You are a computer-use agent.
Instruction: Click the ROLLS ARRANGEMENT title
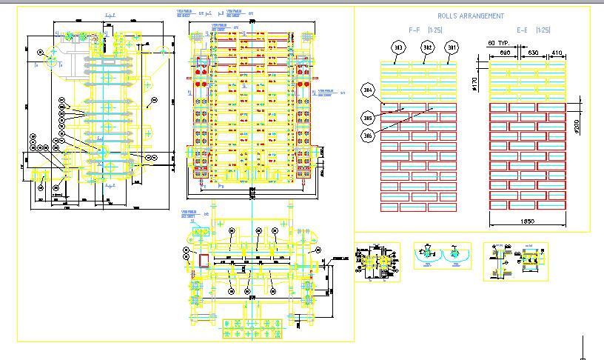coord(471,16)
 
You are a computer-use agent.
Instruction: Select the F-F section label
coord(417,30)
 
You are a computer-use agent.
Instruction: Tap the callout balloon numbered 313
coord(400,48)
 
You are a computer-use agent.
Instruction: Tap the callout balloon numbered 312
coord(427,47)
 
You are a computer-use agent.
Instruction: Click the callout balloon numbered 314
coord(368,91)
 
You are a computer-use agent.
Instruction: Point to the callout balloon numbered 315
coord(368,118)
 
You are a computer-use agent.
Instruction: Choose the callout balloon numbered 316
coord(368,136)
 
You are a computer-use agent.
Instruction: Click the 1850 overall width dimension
coord(527,221)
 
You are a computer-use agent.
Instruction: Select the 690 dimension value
coord(505,53)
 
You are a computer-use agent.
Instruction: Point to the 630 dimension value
coord(533,53)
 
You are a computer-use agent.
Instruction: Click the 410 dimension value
coord(557,53)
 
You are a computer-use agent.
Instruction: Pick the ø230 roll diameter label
coord(576,127)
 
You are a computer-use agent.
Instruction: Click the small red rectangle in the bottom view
coord(204,259)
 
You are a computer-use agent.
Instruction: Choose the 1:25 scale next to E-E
coord(543,30)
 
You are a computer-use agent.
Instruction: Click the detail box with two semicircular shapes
coord(443,256)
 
